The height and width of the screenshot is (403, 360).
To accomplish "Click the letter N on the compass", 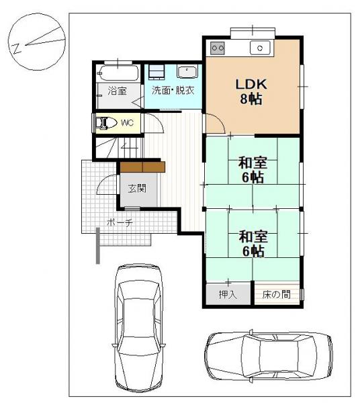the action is [17, 48].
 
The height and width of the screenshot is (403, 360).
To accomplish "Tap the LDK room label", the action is [251, 85].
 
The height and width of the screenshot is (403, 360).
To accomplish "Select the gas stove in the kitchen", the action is [218, 48].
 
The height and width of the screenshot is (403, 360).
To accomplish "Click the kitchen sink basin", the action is [260, 48].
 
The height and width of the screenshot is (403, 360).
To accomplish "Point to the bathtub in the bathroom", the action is [118, 73].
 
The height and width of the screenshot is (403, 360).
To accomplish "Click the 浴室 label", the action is [117, 91].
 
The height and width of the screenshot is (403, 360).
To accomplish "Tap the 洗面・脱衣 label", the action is [173, 91].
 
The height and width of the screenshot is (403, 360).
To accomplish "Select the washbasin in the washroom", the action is [187, 72].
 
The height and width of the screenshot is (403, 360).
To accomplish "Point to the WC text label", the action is [128, 123].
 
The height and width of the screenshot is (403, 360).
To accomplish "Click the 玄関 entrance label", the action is [137, 189].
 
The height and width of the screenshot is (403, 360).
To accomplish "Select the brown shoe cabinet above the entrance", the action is [142, 167].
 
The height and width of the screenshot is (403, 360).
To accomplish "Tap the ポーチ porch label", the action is [120, 222].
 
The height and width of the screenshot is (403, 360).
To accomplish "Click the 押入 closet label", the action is [228, 294].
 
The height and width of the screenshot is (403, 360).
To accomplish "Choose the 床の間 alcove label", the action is [277, 294].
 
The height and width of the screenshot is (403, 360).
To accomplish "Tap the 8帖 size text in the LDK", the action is [251, 99].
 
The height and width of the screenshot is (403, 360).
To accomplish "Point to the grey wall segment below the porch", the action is [98, 245].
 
